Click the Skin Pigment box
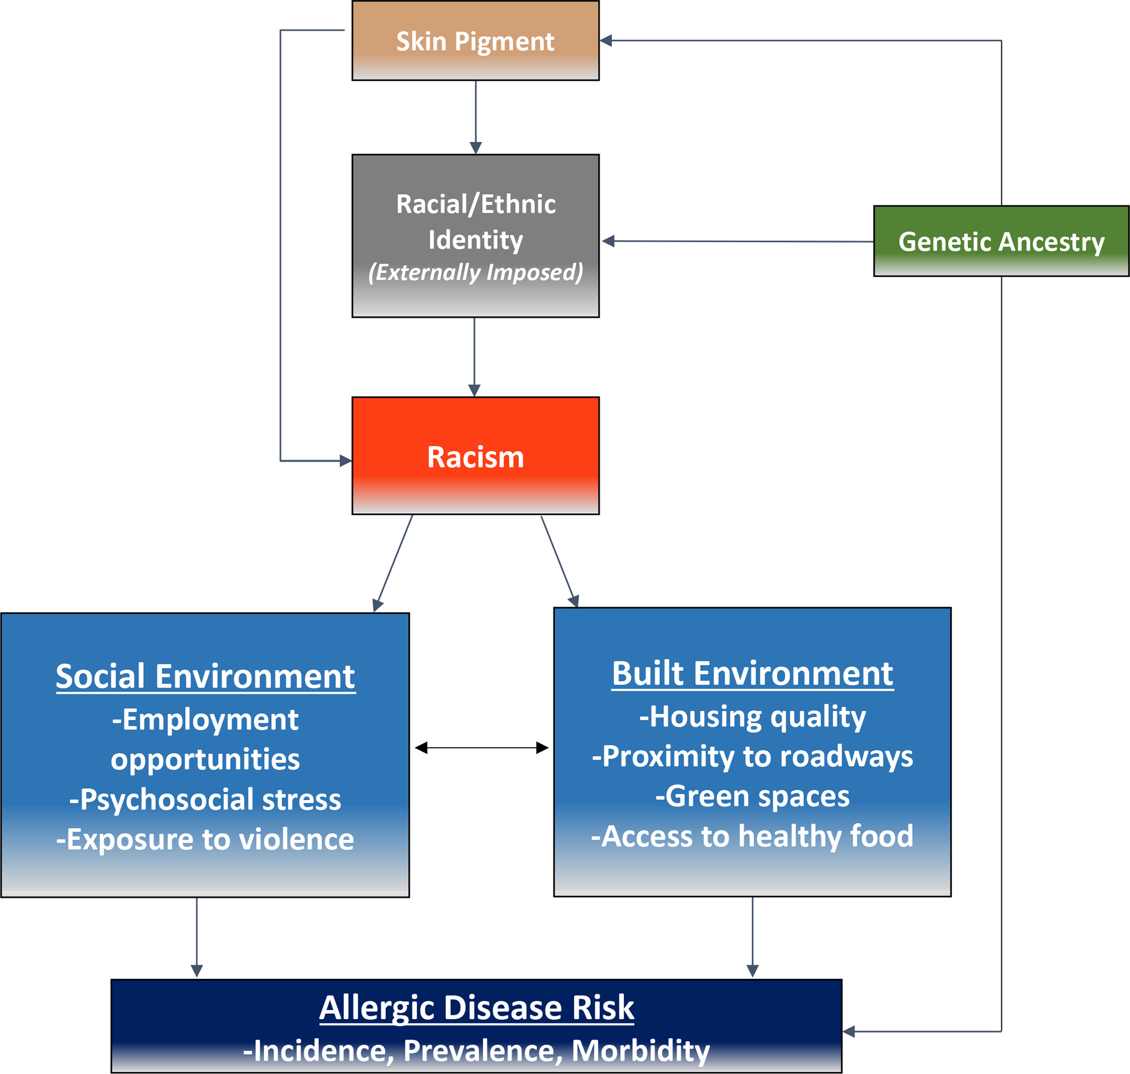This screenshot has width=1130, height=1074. pyautogui.click(x=475, y=41)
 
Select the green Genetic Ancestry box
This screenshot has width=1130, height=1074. pyautogui.click(x=1001, y=241)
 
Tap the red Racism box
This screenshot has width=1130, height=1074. pyautogui.click(x=475, y=456)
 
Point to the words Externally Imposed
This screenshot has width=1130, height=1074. pyautogui.click(x=475, y=272)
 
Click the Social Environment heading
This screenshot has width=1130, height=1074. pyautogui.click(x=205, y=677)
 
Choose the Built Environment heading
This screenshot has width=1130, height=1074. pyautogui.click(x=752, y=673)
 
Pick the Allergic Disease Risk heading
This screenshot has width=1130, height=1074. pyautogui.click(x=476, y=1008)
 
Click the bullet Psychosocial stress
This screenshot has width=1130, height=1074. pyautogui.click(x=205, y=799)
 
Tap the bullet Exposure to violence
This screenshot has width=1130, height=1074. pyautogui.click(x=205, y=839)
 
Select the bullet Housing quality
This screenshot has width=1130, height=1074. pyautogui.click(x=752, y=716)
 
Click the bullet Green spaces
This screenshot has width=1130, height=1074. pyautogui.click(x=752, y=796)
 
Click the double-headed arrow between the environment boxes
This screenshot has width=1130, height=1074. pyautogui.click(x=482, y=748)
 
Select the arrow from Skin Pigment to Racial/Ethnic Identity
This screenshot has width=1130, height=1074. pyautogui.click(x=476, y=117)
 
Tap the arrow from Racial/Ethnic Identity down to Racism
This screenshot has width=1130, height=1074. pyautogui.click(x=474, y=356)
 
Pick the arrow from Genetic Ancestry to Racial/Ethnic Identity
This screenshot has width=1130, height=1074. pyautogui.click(x=738, y=242)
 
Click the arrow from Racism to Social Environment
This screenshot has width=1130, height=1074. pyautogui.click(x=394, y=563)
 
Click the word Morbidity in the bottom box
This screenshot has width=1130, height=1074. pyautogui.click(x=640, y=1050)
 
